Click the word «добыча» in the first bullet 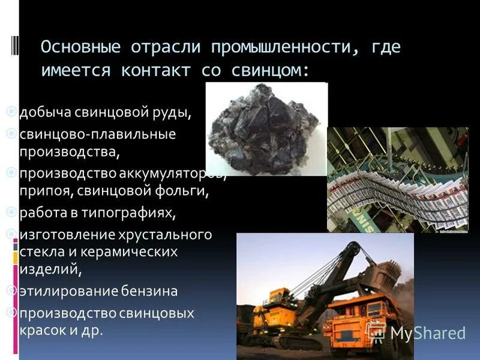(43, 112)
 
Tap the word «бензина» (151, 292)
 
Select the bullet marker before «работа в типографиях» (13, 212)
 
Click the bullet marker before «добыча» (13, 112)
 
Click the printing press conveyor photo (397, 179)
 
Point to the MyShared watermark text (427, 333)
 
